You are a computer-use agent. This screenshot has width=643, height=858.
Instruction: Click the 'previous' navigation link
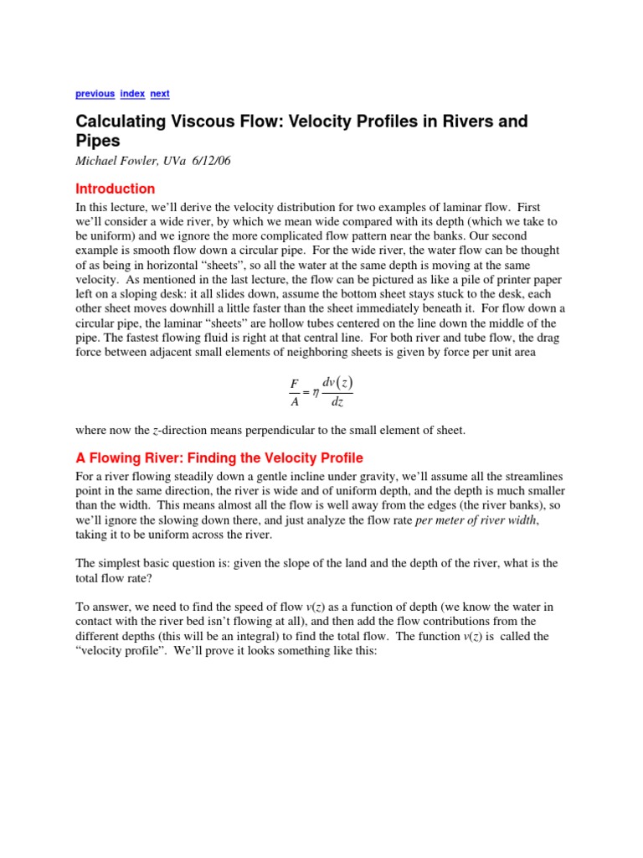[95, 94]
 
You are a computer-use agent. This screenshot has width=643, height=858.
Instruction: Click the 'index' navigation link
[132, 94]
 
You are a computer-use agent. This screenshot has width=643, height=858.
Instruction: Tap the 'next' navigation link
[160, 94]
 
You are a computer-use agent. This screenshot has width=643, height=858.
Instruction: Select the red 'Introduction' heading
[116, 189]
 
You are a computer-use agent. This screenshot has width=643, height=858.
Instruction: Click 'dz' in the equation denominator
[337, 401]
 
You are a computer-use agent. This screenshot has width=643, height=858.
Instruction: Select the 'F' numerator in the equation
[294, 384]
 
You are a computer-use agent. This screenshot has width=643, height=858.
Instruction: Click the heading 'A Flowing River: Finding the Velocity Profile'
[219, 457]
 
